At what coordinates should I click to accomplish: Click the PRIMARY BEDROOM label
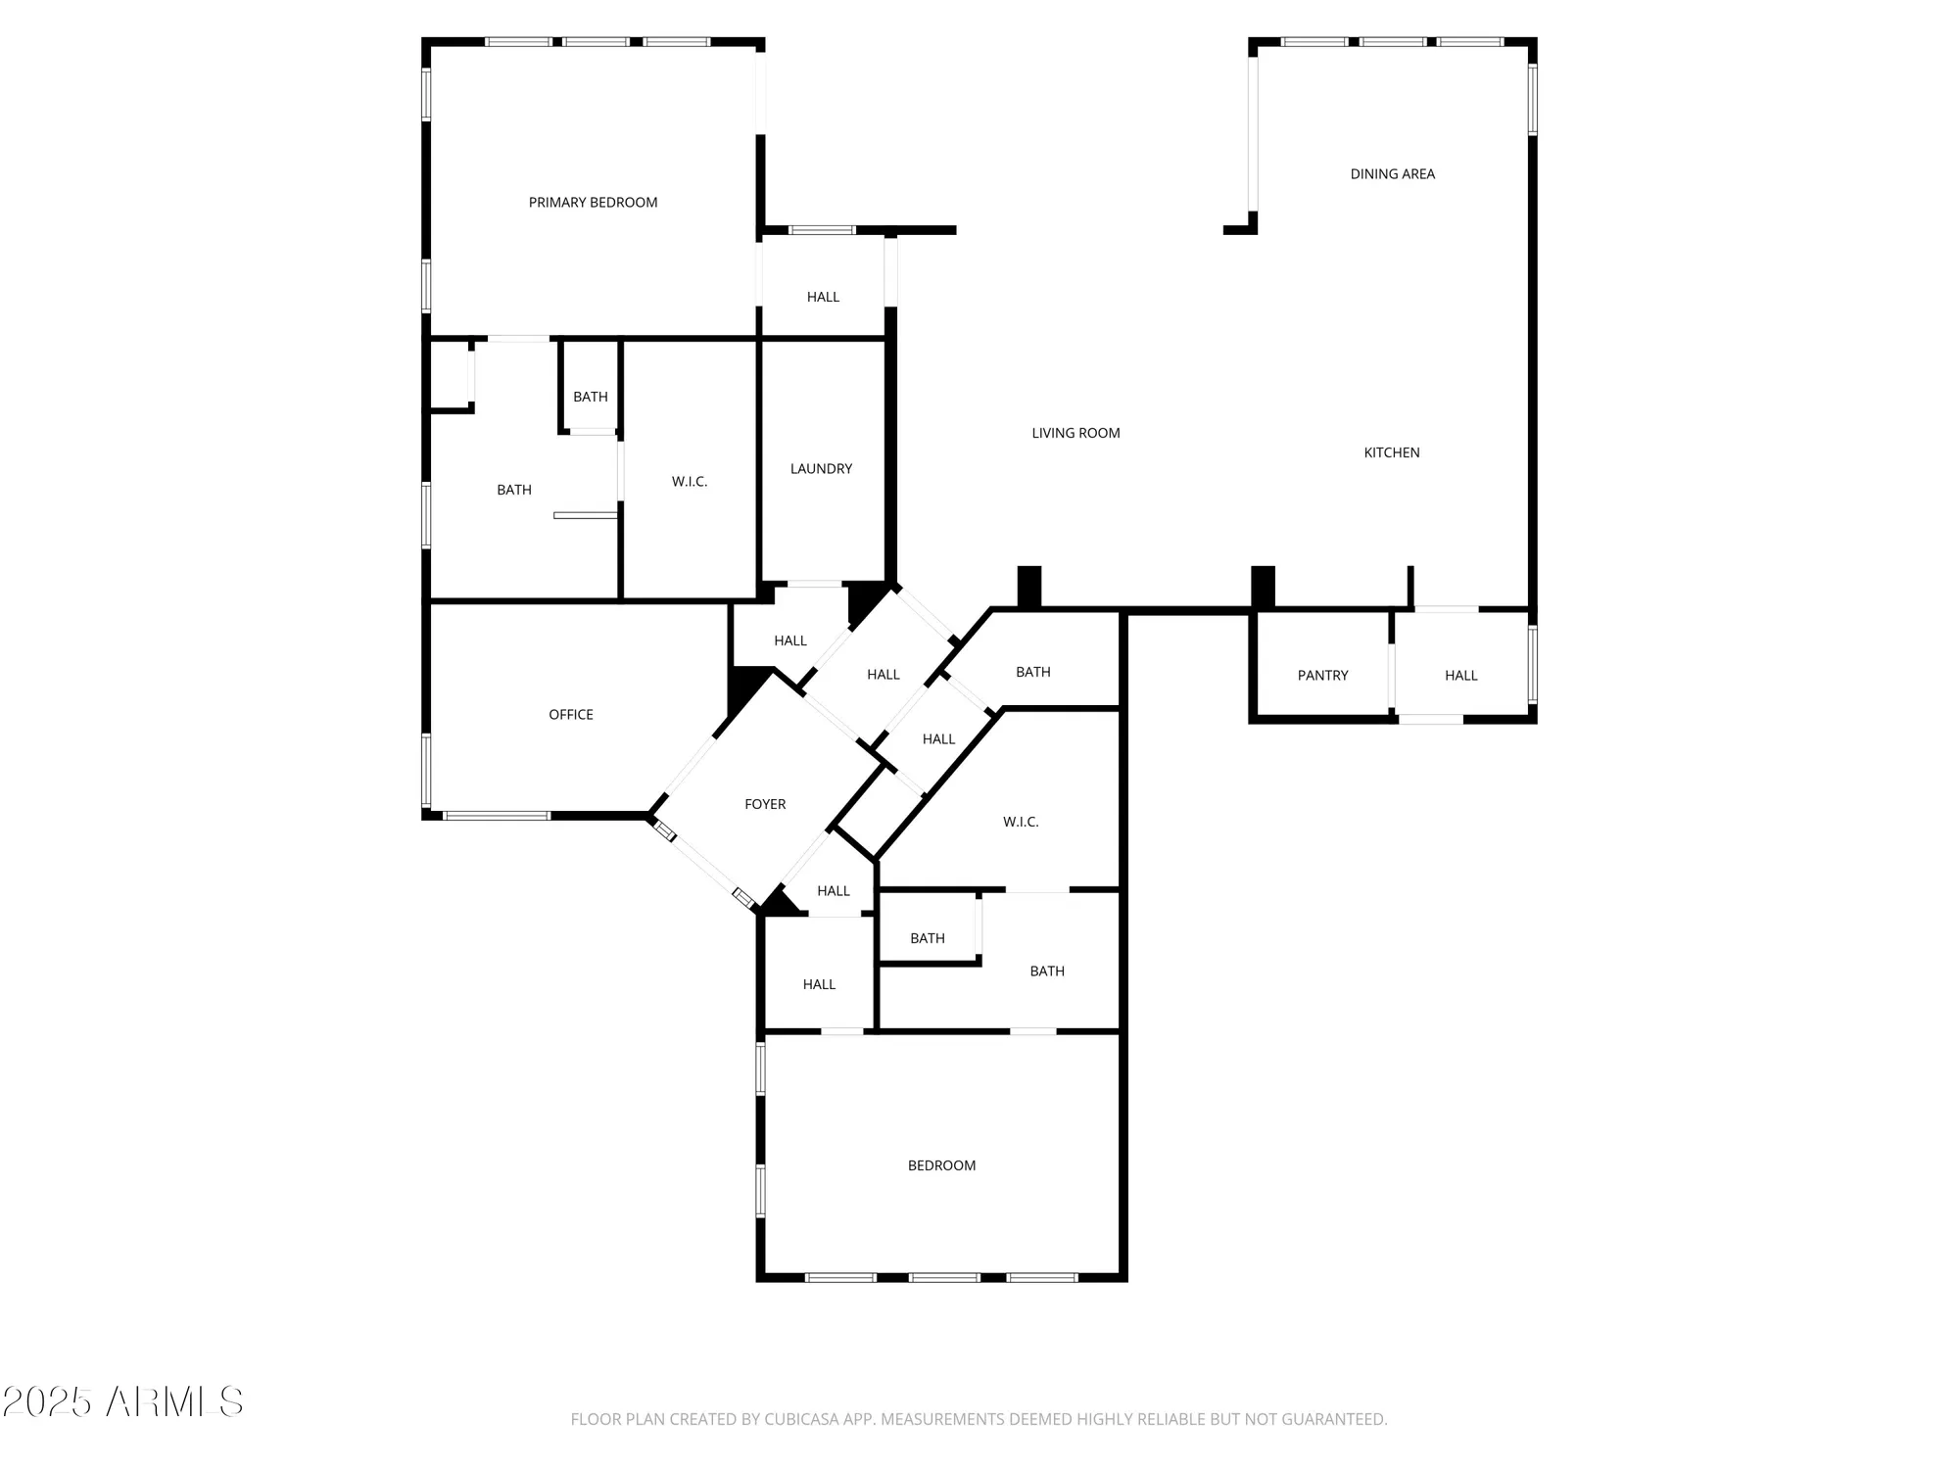tap(593, 203)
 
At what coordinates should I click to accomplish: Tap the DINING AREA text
tap(1392, 174)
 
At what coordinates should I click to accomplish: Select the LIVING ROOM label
tap(1075, 433)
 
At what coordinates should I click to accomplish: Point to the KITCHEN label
tap(1391, 452)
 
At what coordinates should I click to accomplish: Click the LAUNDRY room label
tap(821, 469)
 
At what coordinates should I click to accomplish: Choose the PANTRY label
tap(1322, 676)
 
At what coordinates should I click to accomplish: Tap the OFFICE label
tap(570, 715)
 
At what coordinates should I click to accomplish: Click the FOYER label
tap(765, 804)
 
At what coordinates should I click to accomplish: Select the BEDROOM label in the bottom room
tap(941, 1165)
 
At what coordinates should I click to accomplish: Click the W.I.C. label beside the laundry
tap(690, 482)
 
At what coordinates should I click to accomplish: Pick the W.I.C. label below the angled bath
tap(1021, 822)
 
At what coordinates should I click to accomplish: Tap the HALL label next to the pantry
tap(1460, 676)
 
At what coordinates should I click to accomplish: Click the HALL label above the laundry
tap(823, 297)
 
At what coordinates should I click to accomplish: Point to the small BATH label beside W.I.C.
tap(590, 397)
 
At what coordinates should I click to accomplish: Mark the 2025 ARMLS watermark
tap(122, 1402)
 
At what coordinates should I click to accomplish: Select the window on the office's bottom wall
tap(497, 815)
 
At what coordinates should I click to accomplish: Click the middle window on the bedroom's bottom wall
tap(944, 1277)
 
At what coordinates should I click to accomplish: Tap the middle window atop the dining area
tap(1392, 42)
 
